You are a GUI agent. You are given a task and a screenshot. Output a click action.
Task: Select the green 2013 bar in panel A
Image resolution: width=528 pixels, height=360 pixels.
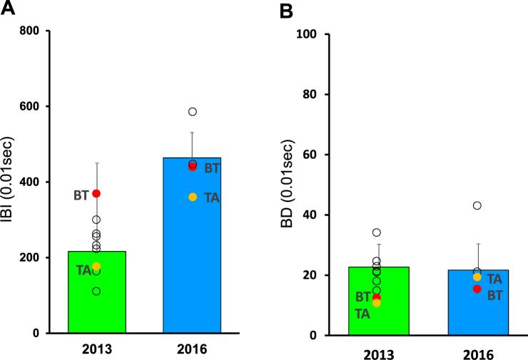(x=96, y=299)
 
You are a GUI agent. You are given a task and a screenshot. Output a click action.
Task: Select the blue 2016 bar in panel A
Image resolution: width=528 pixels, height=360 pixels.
(x=192, y=250)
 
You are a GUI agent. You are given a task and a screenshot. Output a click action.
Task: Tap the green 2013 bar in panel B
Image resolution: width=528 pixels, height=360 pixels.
(x=378, y=314)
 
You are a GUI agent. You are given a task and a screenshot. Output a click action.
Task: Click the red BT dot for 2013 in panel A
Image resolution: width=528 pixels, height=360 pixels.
(x=96, y=193)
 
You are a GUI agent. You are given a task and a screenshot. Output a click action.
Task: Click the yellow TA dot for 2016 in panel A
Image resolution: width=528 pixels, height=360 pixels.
(x=193, y=197)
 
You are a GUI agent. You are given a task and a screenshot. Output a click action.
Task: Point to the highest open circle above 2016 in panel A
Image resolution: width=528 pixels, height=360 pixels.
(x=193, y=112)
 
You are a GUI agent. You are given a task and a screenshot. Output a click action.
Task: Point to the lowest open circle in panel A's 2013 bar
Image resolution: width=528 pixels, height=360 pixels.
(x=96, y=291)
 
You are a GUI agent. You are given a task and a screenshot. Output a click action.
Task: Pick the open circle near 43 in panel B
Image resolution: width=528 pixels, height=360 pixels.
(x=477, y=205)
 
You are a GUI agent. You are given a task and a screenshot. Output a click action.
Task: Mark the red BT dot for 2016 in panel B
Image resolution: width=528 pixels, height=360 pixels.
(x=477, y=289)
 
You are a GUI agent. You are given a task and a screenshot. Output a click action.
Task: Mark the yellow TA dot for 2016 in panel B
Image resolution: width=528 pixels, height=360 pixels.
(x=477, y=277)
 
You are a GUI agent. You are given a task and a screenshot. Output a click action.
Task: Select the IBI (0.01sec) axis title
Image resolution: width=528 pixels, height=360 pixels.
(x=11, y=182)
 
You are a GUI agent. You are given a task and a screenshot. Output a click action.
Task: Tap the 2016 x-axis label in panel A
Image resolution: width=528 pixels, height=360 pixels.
(x=192, y=349)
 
